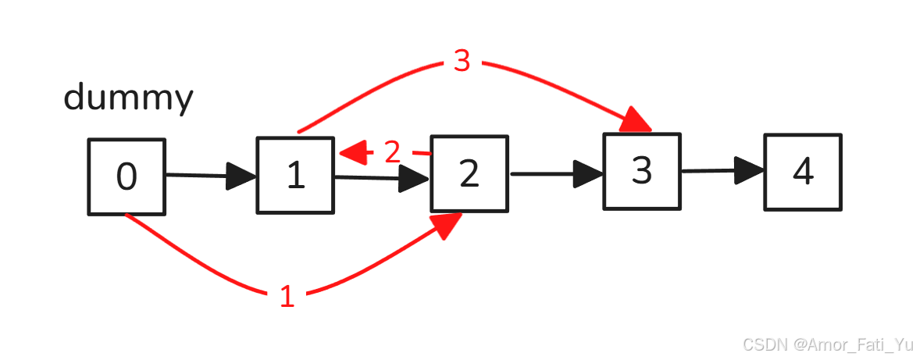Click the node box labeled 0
127,176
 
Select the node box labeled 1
295,175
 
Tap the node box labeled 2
469,173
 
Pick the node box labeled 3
641,171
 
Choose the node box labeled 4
803,172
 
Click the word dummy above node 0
128,99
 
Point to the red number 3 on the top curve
462,61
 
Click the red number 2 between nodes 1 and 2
392,152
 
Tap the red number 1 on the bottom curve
287,297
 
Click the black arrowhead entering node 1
241,176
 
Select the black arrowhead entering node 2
415,180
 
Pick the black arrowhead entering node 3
588,173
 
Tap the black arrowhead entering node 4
750,169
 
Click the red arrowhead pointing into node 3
636,123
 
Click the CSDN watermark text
827,344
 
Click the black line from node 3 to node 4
707,170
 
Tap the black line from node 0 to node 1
195,176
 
